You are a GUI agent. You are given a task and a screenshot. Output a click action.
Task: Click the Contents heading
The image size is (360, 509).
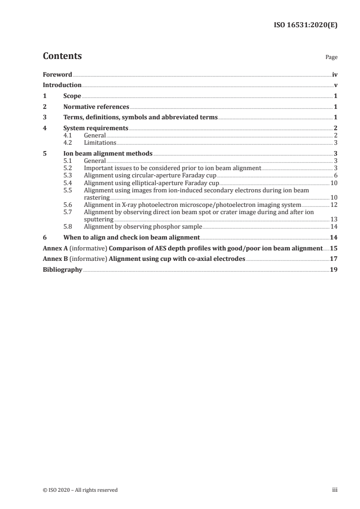click(x=62, y=56)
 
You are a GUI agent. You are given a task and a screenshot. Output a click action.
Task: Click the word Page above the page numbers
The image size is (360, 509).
click(x=331, y=58)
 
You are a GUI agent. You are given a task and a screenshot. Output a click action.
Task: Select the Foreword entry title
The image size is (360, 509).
click(x=57, y=74)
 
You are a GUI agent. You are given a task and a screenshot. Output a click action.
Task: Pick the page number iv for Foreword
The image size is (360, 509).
click(x=335, y=74)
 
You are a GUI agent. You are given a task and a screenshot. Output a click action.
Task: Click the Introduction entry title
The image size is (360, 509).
click(x=62, y=85)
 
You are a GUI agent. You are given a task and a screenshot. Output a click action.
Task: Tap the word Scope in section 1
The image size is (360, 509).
click(x=72, y=96)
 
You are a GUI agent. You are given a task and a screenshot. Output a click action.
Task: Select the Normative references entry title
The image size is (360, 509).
click(x=96, y=107)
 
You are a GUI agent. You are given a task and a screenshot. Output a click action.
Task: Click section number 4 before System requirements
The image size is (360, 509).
click(x=44, y=128)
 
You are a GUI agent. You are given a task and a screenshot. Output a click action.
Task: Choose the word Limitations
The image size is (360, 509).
click(x=100, y=142)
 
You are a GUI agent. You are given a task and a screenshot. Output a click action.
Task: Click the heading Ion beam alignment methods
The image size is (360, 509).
click(x=108, y=153)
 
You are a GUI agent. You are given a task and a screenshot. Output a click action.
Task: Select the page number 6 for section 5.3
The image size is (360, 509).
click(x=335, y=175)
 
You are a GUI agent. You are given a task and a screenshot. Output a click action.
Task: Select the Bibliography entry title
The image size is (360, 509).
click(x=62, y=269)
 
